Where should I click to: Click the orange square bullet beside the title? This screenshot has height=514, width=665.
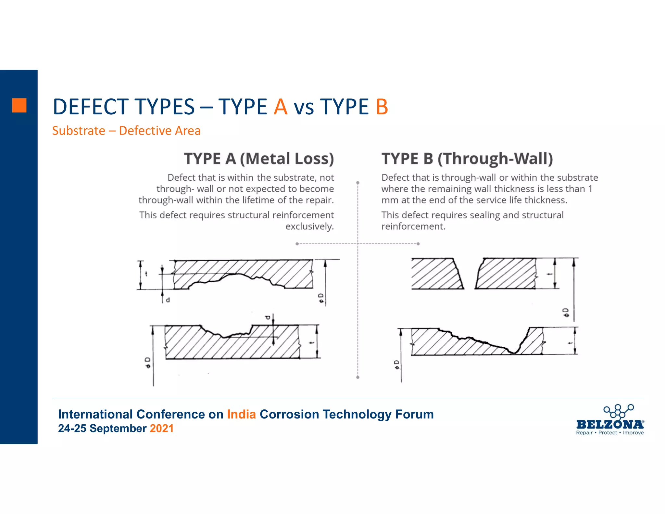(x=19, y=105)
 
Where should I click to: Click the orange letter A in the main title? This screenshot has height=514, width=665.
(x=281, y=107)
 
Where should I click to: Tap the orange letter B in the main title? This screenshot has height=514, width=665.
(x=382, y=107)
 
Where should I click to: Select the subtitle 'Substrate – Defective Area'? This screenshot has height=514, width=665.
(x=126, y=131)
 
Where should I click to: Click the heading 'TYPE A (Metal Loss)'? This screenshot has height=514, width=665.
(x=259, y=159)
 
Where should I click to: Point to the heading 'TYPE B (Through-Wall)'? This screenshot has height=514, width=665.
(x=467, y=159)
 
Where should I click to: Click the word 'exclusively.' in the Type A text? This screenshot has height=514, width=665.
(x=309, y=226)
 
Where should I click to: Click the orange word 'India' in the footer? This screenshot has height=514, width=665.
(x=241, y=415)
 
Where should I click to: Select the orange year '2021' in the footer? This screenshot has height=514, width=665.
(x=162, y=429)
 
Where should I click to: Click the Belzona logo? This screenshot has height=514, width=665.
(x=610, y=419)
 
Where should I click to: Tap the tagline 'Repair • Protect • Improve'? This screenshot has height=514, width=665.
(x=610, y=433)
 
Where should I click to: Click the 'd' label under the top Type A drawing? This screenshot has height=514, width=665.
(x=168, y=300)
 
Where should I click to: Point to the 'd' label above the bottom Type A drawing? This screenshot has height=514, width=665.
(x=268, y=317)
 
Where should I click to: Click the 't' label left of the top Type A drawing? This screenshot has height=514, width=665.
(x=146, y=274)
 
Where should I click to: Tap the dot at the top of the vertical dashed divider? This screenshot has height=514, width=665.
(x=358, y=183)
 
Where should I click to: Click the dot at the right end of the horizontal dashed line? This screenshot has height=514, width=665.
(x=418, y=244)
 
